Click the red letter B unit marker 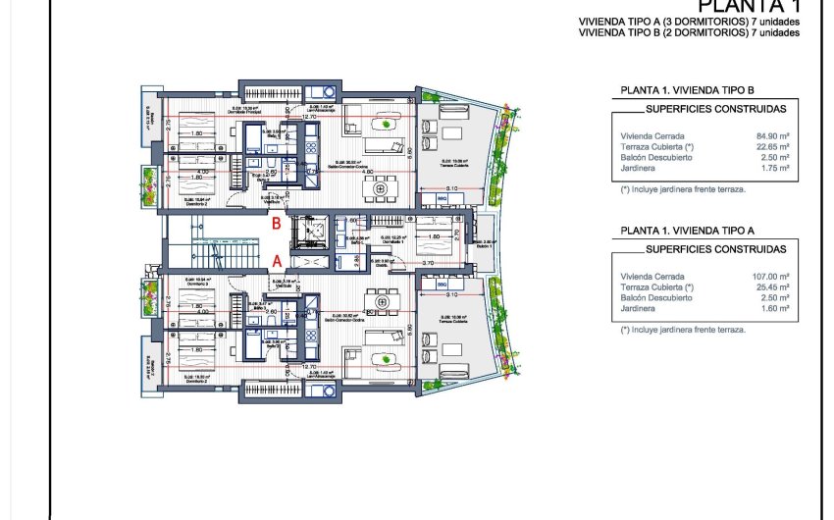tap(278, 223)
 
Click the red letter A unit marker tap(278, 261)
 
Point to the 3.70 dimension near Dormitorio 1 tap(428, 263)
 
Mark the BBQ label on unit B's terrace tap(443, 199)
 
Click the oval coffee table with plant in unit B tap(389, 124)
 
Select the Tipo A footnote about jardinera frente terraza tap(683, 330)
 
